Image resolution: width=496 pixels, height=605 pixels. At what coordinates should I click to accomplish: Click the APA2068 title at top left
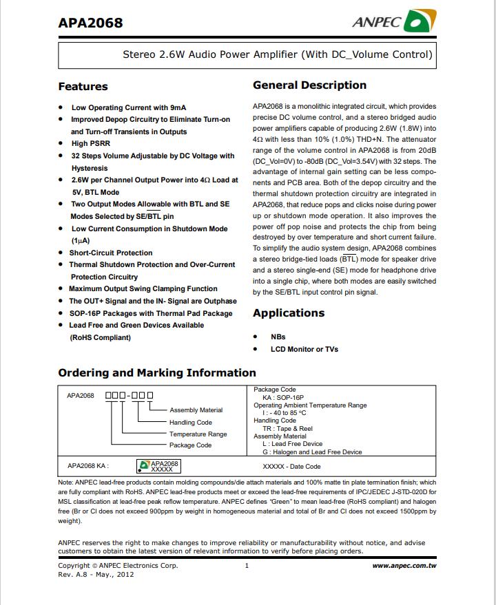pos(90,23)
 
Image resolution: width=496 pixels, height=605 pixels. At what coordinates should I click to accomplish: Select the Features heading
pos(83,87)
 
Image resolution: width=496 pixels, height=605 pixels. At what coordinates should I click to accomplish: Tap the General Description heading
pos(309,85)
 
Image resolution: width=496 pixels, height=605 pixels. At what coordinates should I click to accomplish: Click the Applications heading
pos(289,313)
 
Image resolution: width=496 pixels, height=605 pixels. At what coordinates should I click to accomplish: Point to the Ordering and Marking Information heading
pos(157,373)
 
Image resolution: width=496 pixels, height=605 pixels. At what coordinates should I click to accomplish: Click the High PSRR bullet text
pos(90,143)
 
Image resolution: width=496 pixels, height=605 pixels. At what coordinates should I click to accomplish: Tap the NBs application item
pos(278,337)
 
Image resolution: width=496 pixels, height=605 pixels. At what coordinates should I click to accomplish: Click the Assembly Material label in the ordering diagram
pos(196,410)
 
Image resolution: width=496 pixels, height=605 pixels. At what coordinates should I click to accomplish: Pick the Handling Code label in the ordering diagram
pos(191,423)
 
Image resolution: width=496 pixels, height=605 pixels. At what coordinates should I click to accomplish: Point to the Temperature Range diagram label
pos(198,434)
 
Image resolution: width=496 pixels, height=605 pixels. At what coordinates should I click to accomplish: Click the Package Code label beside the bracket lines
pos(191,445)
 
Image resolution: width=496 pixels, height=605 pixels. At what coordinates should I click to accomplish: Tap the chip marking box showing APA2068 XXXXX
pos(159,466)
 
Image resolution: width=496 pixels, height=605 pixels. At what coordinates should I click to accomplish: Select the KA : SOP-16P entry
pos(283,398)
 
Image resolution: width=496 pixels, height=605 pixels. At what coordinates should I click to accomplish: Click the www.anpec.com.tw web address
pos(404,566)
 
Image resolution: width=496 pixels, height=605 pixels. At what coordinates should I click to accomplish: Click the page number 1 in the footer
pos(247,566)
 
